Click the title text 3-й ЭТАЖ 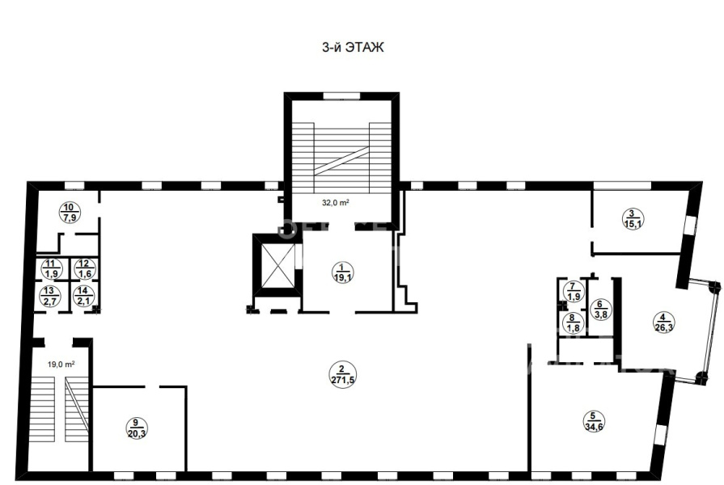[353, 48]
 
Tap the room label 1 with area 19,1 [342, 272]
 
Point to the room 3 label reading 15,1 [633, 219]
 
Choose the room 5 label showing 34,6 [594, 421]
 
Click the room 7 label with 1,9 [573, 292]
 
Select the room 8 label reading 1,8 [573, 323]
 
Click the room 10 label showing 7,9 [70, 213]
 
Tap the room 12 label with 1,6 [84, 269]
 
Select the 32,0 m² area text [335, 202]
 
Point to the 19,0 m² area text [61, 364]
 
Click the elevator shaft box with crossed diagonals [277, 265]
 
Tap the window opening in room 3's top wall [622, 185]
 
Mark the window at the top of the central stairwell [341, 96]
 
